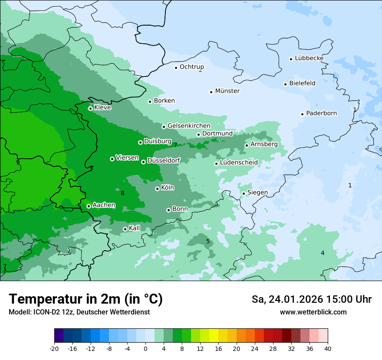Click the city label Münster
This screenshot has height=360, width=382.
point(227,91)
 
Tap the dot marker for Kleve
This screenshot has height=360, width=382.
point(90,108)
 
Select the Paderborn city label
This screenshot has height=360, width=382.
point(321,113)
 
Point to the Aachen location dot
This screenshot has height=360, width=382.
point(89,206)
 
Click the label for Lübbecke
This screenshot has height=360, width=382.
point(309,58)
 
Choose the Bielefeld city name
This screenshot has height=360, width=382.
point(302,83)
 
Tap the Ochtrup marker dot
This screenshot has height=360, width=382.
point(176,67)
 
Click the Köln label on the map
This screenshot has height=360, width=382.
point(167,188)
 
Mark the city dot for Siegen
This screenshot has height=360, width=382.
point(244,193)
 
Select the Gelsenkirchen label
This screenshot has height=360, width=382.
point(189,126)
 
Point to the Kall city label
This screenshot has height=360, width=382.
point(134,228)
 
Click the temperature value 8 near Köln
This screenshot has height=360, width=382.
point(122,193)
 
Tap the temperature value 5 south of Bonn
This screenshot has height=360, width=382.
point(208,241)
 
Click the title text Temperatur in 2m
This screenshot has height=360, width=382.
point(86,299)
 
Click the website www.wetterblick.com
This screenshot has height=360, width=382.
point(313,312)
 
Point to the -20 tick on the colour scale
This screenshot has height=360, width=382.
point(54,348)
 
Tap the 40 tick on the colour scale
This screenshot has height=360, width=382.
point(327,348)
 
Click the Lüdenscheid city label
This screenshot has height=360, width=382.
point(239,163)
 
